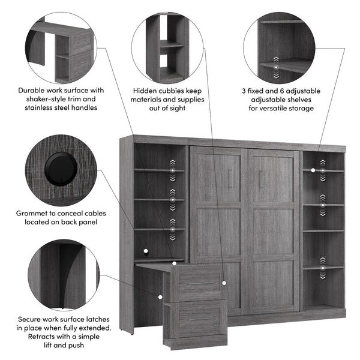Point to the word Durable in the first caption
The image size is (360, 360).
31,91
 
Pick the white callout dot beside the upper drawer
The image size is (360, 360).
223,282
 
